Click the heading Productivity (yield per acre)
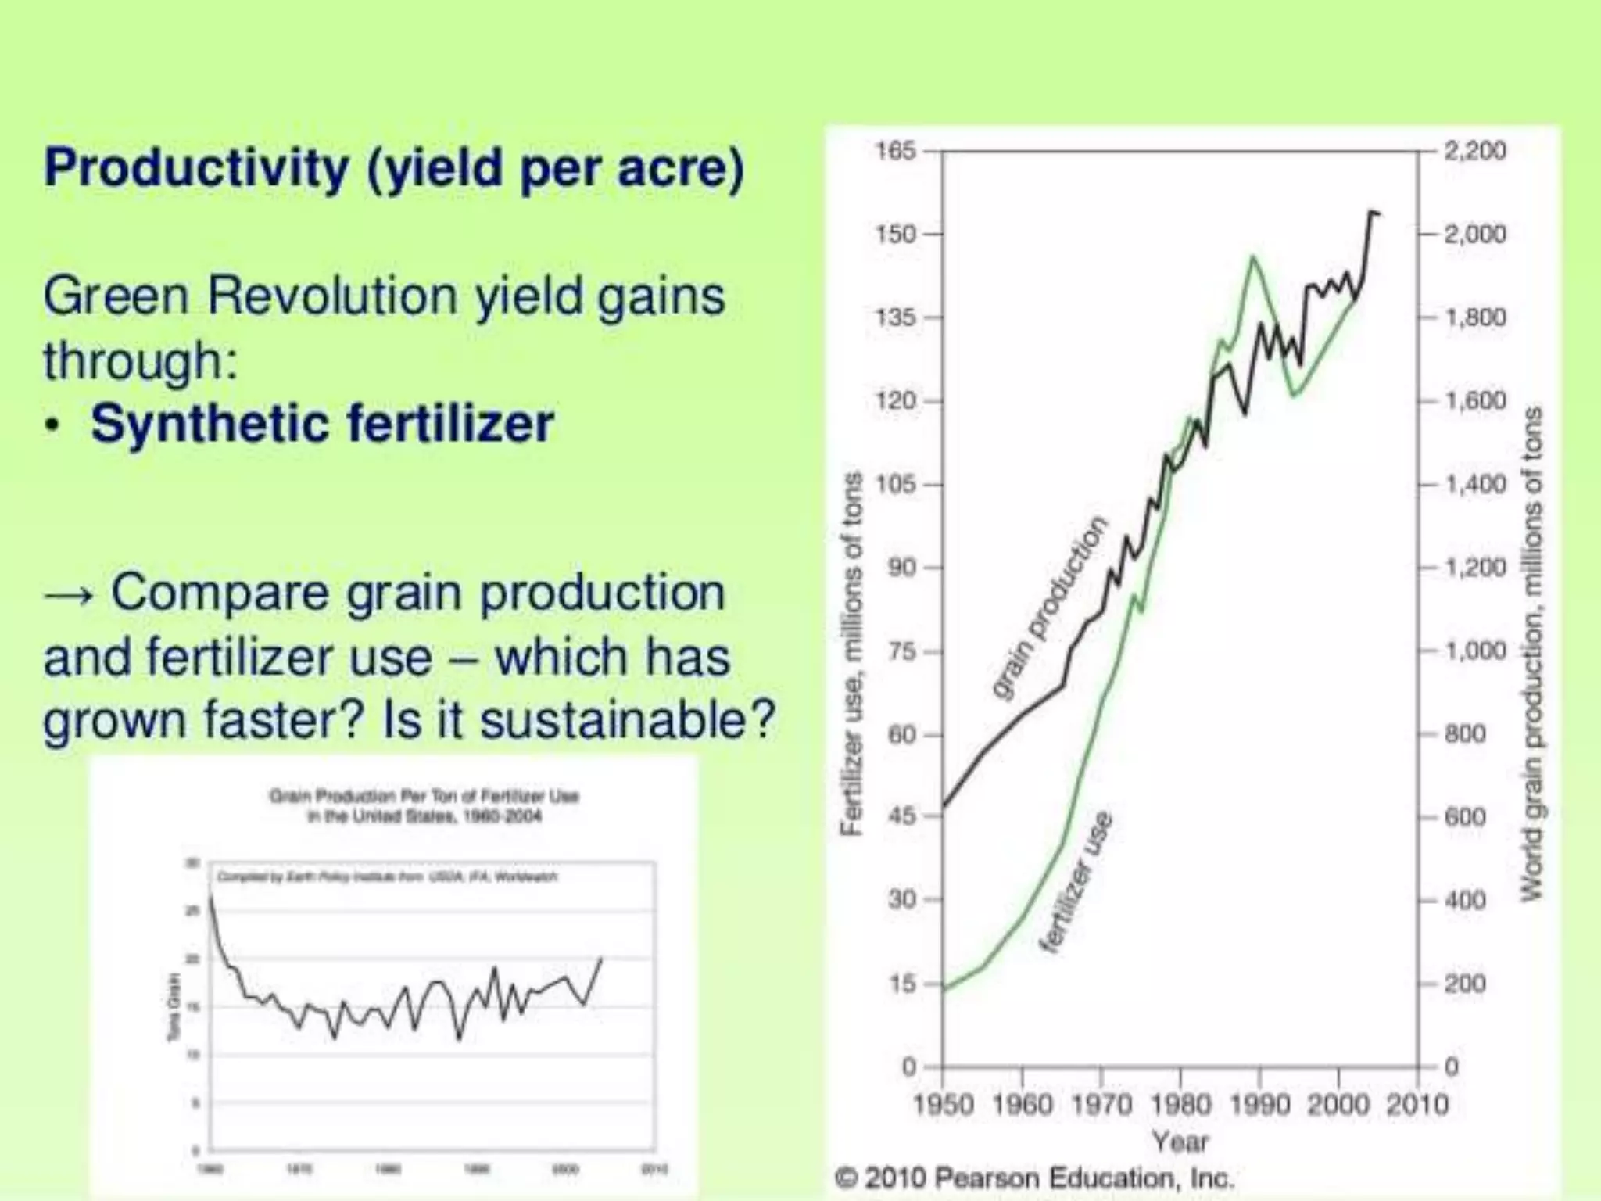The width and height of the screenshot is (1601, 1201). tap(394, 167)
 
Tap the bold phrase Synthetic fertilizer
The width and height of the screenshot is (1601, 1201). tap(322, 423)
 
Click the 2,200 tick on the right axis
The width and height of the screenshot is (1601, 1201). tap(1474, 150)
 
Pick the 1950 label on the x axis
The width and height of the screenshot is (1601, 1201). tap(944, 1105)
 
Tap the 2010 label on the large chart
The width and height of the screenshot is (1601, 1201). tap(1417, 1105)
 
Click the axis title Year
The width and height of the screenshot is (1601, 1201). tap(1180, 1142)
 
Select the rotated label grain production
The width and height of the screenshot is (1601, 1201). tap(1049, 607)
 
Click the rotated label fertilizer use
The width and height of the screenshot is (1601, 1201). tap(1076, 881)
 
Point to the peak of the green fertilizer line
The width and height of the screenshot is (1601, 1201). tap(1253, 256)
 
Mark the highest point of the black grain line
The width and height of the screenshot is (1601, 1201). tap(1371, 211)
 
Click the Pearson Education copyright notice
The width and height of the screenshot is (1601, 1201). tap(1033, 1178)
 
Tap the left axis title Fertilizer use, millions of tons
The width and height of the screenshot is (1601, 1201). tap(853, 653)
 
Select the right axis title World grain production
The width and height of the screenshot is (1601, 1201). tap(1532, 653)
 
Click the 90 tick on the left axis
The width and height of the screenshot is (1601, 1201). tap(902, 567)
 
